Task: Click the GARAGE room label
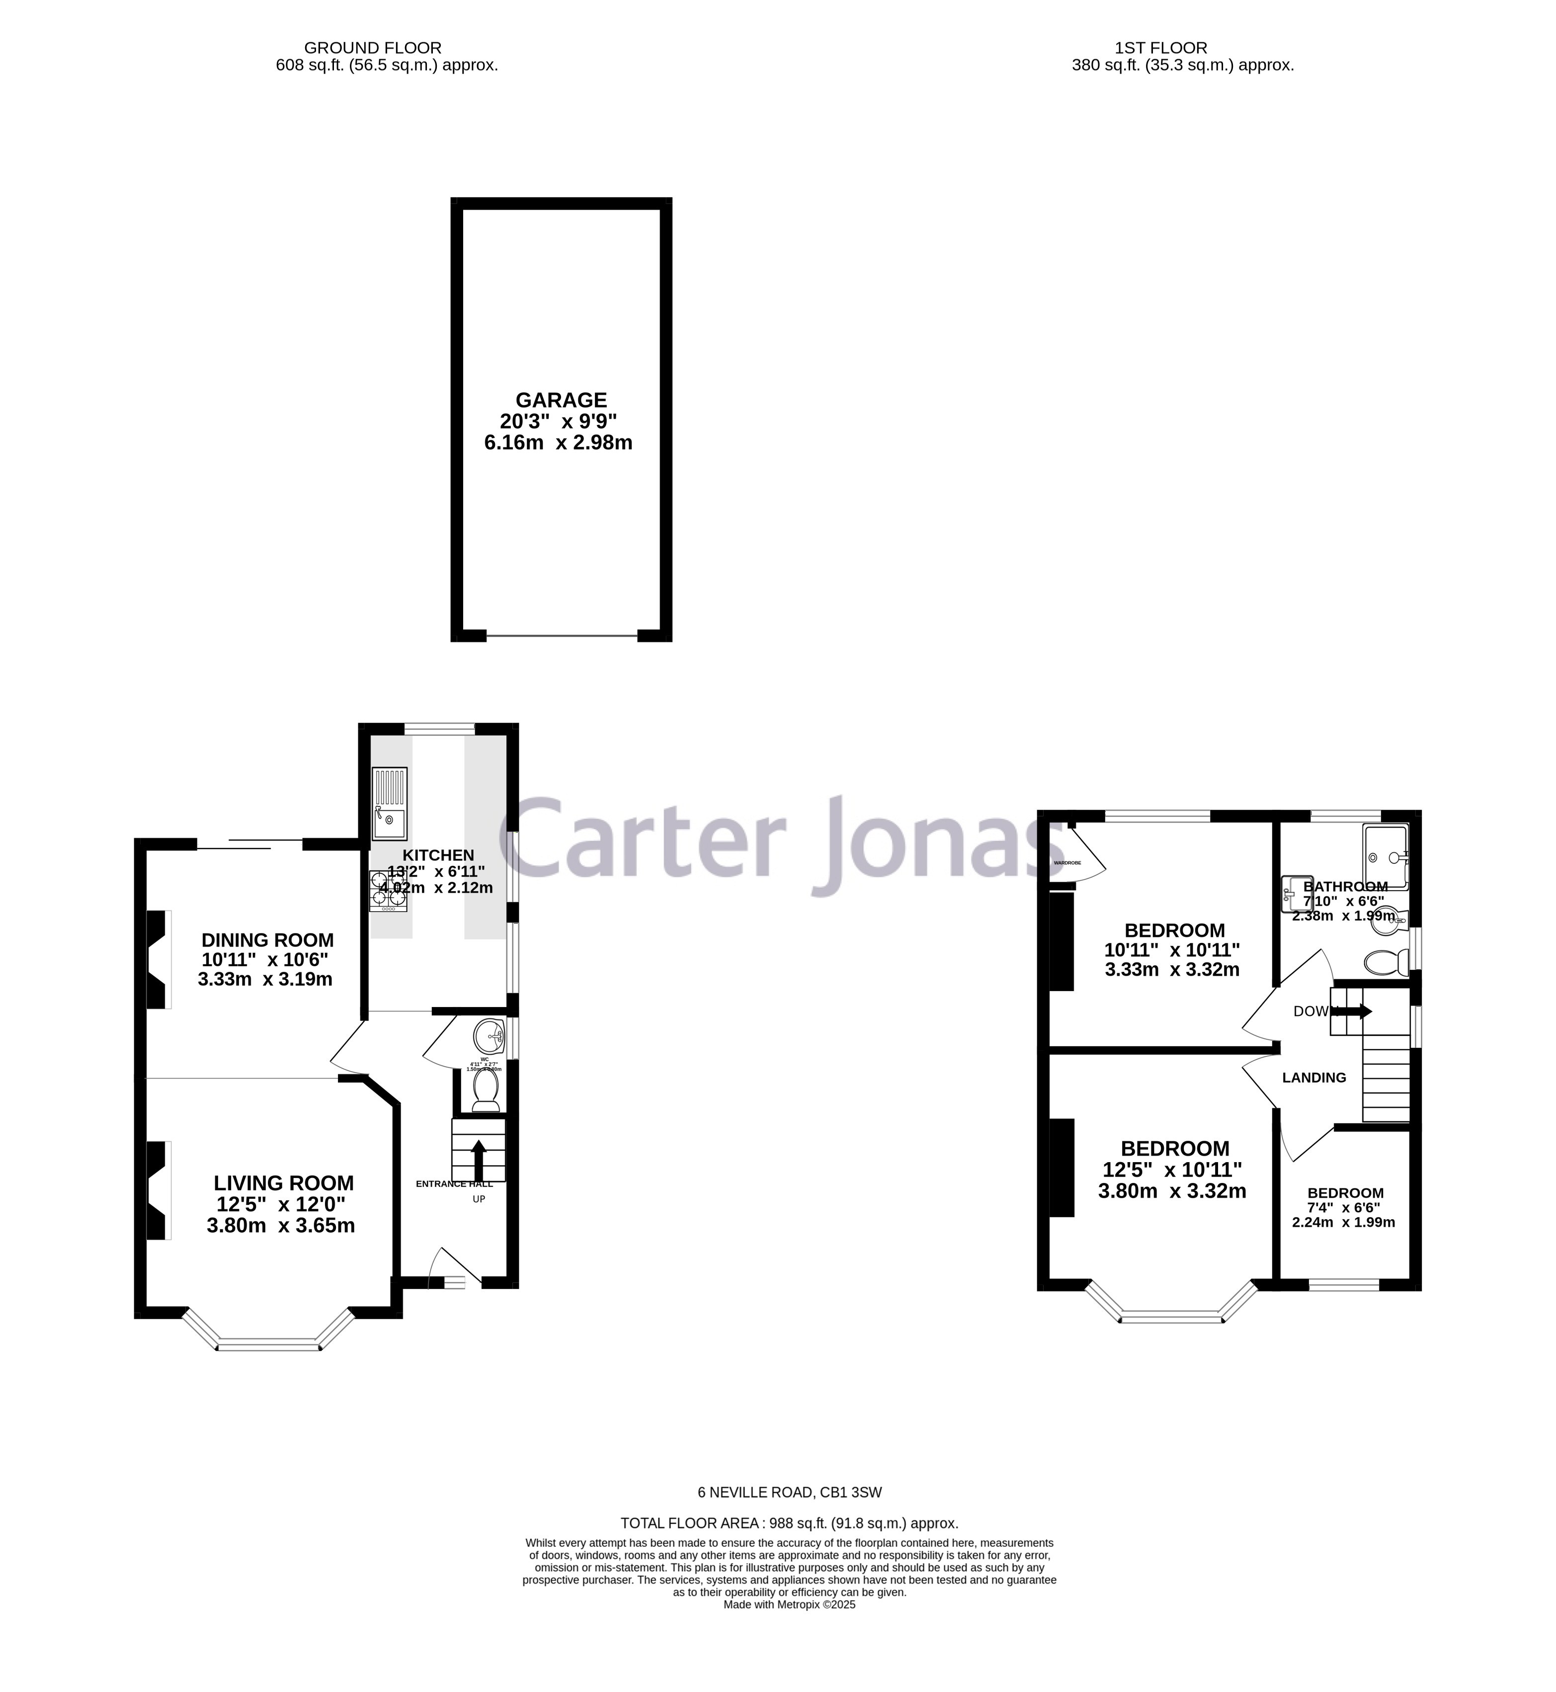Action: click(561, 400)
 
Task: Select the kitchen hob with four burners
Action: click(388, 892)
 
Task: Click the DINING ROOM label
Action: click(268, 940)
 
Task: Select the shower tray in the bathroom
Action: click(1385, 856)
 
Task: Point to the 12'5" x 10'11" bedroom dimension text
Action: click(1172, 1170)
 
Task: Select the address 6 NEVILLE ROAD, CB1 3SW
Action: click(789, 1492)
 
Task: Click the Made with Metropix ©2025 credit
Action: click(789, 1605)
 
